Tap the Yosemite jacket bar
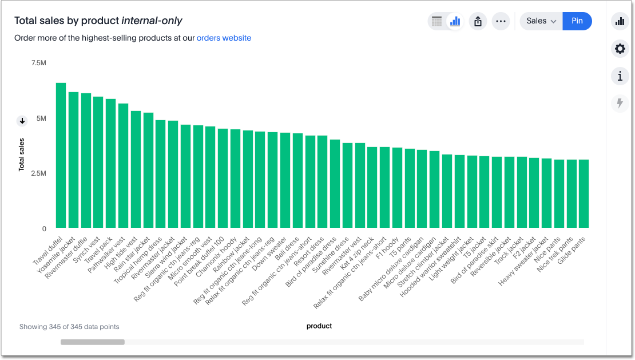73,160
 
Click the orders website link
224,38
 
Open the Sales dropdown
541,21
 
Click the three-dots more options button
501,21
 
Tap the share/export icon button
478,21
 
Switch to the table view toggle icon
437,21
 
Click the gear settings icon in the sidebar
620,49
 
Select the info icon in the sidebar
620,76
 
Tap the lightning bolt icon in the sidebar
620,103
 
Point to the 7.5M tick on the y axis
38,63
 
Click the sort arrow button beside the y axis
22,121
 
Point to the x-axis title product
319,326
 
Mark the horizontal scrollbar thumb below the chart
93,342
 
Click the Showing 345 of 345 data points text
69,327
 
